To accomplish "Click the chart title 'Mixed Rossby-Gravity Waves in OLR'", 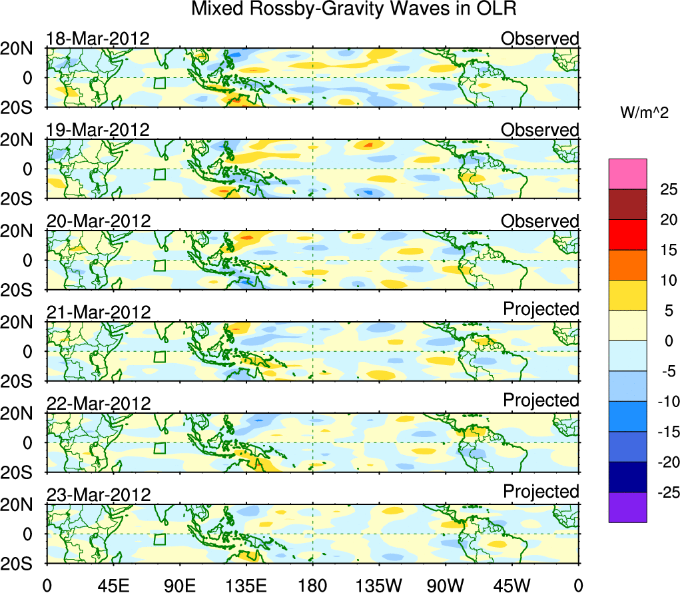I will point(354,9).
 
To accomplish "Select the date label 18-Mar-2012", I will point(98,39).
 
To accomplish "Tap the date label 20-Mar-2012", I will point(98,221).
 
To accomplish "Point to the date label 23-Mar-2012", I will point(98,494).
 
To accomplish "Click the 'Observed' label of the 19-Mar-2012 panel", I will point(540,130).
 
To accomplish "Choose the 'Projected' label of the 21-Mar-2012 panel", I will point(541,309).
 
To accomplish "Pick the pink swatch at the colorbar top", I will point(627,174).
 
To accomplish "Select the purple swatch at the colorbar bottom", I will point(627,507).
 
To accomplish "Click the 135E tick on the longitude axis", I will point(246,585).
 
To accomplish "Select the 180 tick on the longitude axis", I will point(312,585).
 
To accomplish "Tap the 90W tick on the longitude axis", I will point(445,585).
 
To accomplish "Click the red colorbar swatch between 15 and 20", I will point(627,235).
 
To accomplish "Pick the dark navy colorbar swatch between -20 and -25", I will point(627,477).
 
